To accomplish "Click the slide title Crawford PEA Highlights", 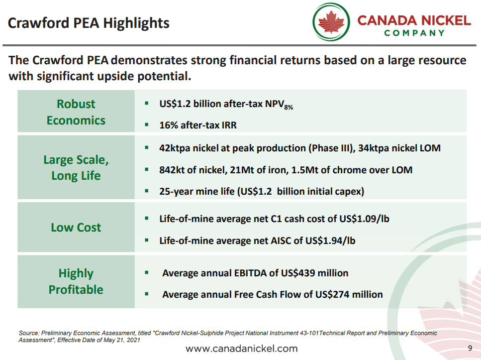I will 89,23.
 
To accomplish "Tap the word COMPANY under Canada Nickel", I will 414,33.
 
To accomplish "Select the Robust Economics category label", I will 76,112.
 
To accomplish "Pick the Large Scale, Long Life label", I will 76,168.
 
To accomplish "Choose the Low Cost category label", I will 76,228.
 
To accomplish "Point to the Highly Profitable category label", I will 76,281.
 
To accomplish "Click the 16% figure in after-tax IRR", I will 168,125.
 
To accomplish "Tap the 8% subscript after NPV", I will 289,107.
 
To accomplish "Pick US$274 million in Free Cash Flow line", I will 349,294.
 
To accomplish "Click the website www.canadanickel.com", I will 241,349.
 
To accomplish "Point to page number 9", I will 470,348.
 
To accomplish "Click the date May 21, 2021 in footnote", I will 120,340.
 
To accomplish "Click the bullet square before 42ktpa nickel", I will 147,148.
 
